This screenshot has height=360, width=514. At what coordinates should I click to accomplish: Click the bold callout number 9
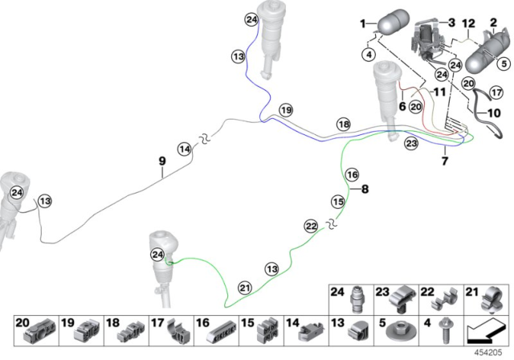pos(162,162)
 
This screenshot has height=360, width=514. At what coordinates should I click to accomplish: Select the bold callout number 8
pos(365,189)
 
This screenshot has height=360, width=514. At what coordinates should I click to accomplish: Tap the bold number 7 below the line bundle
pos(444,161)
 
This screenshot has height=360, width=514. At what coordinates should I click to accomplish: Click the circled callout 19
pos(286,110)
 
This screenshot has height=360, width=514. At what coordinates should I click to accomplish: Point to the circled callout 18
pos(344,125)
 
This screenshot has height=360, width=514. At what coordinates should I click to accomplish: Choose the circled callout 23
pos(411,143)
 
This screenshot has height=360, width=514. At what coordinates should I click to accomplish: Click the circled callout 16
pos(353,174)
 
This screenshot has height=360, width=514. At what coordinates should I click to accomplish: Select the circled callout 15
pos(338,202)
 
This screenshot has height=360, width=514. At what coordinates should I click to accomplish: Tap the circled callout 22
pos(311,226)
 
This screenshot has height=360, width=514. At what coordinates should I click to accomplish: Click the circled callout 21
pos(245,288)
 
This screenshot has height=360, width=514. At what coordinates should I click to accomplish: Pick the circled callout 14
pos(185,149)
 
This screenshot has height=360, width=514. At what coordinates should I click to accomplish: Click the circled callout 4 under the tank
pos(369,55)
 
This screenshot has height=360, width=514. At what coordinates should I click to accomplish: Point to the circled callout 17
pos(496,92)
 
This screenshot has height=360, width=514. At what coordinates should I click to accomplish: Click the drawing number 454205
pos(488,353)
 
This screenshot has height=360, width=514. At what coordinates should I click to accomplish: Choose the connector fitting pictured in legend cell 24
pos(357,300)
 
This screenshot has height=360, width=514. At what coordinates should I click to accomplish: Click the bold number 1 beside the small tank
pos(362,23)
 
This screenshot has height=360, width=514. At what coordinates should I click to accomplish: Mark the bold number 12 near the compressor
pos(468,23)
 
